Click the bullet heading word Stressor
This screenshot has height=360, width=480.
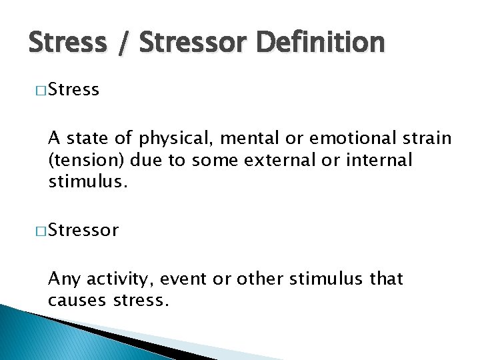pyautogui.click(x=83, y=231)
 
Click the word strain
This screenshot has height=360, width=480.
pyautogui.click(x=426, y=139)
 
